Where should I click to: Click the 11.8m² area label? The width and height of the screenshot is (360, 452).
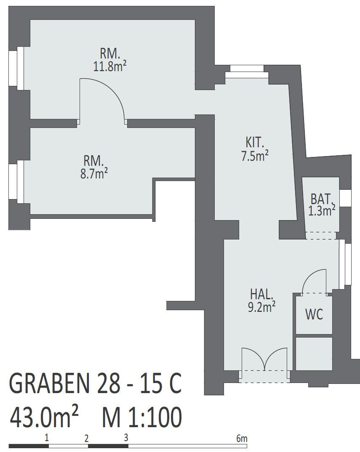[110, 66]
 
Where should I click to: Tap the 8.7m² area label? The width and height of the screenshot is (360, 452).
[94, 174]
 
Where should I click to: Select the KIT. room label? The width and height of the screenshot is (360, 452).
[255, 142]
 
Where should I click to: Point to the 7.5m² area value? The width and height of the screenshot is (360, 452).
[255, 156]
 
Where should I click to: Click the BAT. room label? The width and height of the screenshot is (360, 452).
[323, 199]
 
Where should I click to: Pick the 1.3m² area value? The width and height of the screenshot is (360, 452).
[322, 211]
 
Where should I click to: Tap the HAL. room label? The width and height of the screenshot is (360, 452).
[261, 294]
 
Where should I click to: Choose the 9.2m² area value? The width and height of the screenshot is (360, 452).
[261, 307]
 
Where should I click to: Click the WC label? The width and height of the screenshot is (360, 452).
[314, 314]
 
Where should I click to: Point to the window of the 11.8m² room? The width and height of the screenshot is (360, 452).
[16, 68]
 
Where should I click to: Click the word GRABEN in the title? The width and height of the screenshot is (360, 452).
[49, 383]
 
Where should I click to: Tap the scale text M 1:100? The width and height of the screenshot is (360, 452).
[142, 417]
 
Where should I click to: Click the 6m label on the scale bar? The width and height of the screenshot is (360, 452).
[242, 439]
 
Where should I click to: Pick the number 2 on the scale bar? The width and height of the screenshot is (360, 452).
[86, 439]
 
